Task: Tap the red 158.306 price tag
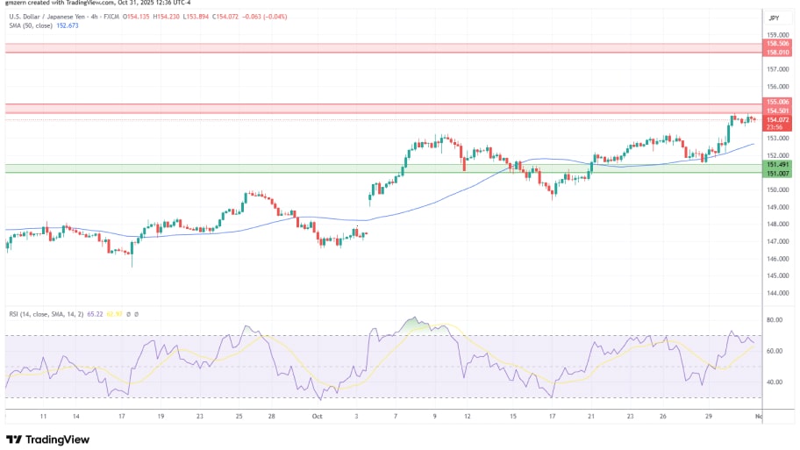(778, 43)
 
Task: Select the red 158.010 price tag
(778, 52)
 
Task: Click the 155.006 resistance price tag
(778, 103)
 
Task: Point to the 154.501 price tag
(778, 111)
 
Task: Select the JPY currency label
(774, 18)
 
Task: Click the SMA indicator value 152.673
(68, 25)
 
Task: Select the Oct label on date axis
(317, 418)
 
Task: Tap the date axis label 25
(239, 418)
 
